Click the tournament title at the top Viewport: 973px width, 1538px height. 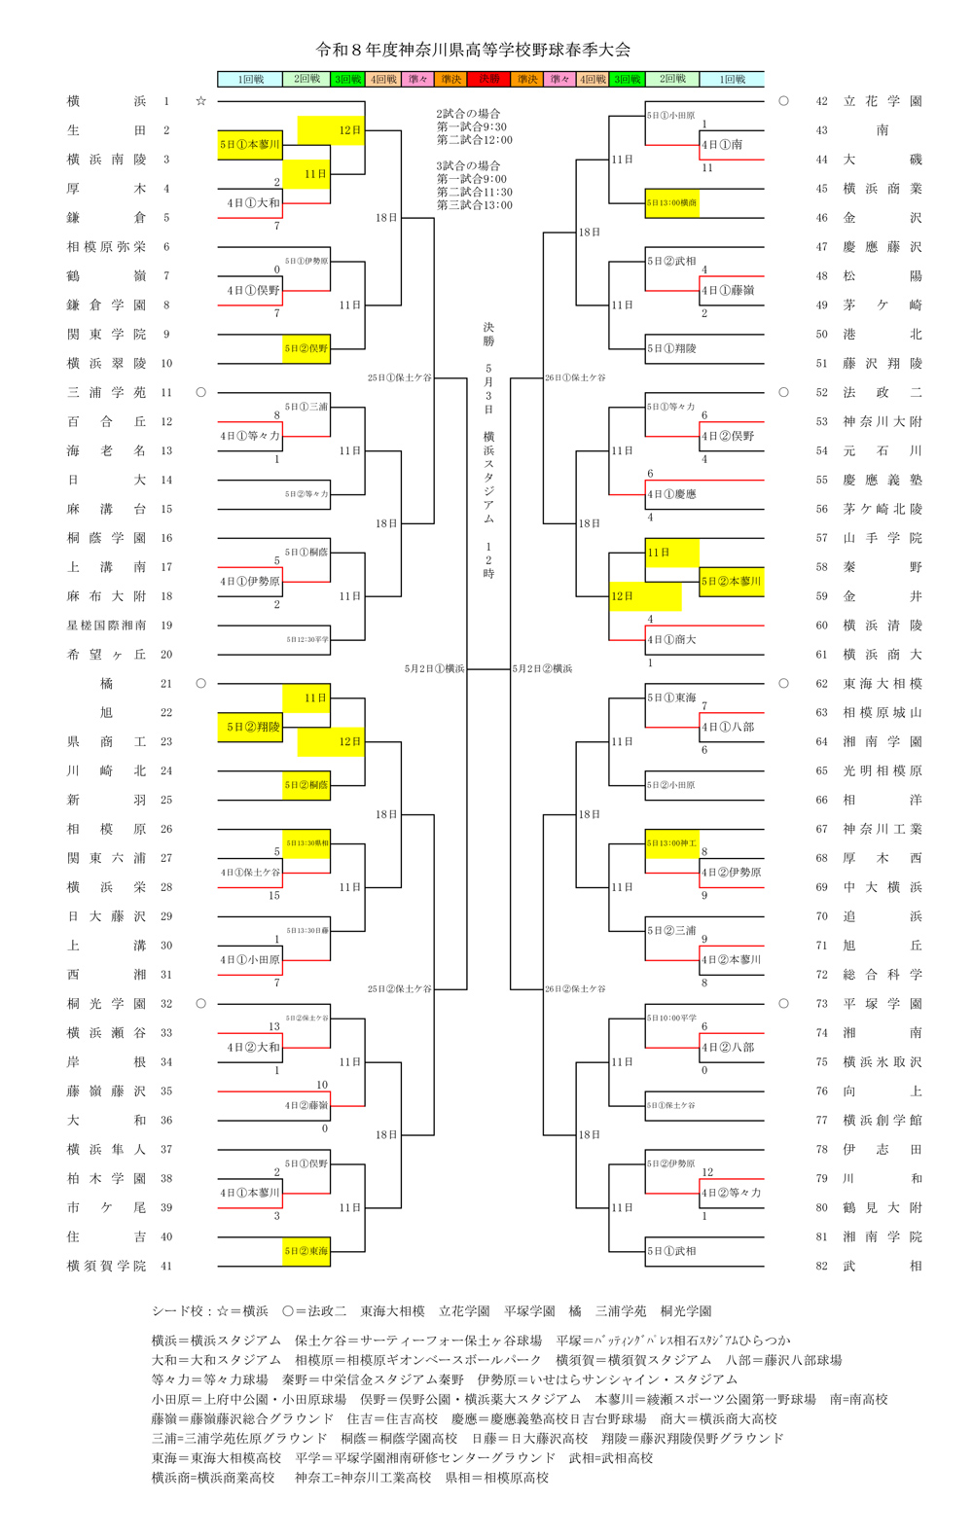click(473, 50)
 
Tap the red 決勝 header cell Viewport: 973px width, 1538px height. click(488, 79)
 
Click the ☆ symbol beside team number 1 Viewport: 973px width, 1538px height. click(200, 101)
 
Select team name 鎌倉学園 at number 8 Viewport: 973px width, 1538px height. click(106, 305)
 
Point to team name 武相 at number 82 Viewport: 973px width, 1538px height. click(882, 1266)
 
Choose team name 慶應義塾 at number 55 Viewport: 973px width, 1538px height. click(882, 480)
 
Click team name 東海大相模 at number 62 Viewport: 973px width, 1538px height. click(882, 684)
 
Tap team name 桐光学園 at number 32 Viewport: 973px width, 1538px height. click(106, 1004)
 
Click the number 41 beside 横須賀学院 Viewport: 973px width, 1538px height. click(166, 1266)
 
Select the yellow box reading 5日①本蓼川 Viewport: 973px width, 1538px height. click(250, 145)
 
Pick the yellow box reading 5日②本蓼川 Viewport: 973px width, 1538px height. click(731, 582)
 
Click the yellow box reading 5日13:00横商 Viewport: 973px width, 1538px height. click(671, 203)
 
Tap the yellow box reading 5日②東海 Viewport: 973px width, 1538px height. click(306, 1251)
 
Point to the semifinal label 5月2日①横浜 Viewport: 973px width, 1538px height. click(434, 669)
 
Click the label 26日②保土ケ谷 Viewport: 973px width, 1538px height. click(575, 989)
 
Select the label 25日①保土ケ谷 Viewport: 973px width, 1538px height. click(399, 377)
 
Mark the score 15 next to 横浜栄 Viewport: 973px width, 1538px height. click(274, 896)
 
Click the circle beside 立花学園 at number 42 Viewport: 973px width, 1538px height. click(783, 101)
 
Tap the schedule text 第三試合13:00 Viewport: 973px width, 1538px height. click(474, 205)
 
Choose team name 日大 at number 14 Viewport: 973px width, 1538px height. click(106, 480)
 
